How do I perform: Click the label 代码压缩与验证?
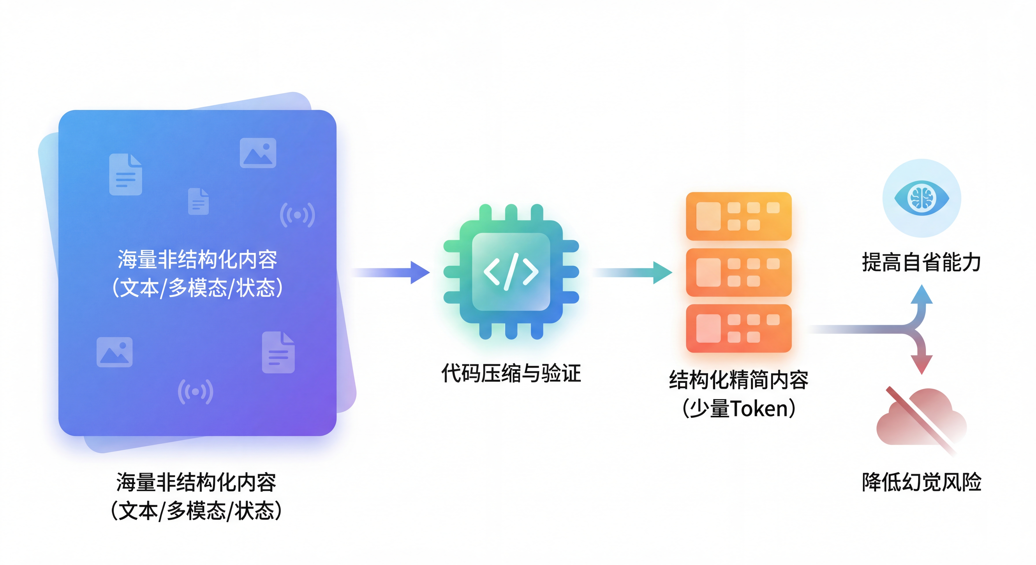511,373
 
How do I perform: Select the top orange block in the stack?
738,216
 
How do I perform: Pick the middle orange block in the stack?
738,272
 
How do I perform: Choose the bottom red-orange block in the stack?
738,328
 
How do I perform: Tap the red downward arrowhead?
921,364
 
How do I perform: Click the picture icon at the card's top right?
258,153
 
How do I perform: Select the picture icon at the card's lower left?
115,352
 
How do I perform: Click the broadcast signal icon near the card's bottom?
196,391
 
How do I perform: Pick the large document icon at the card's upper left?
125,175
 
